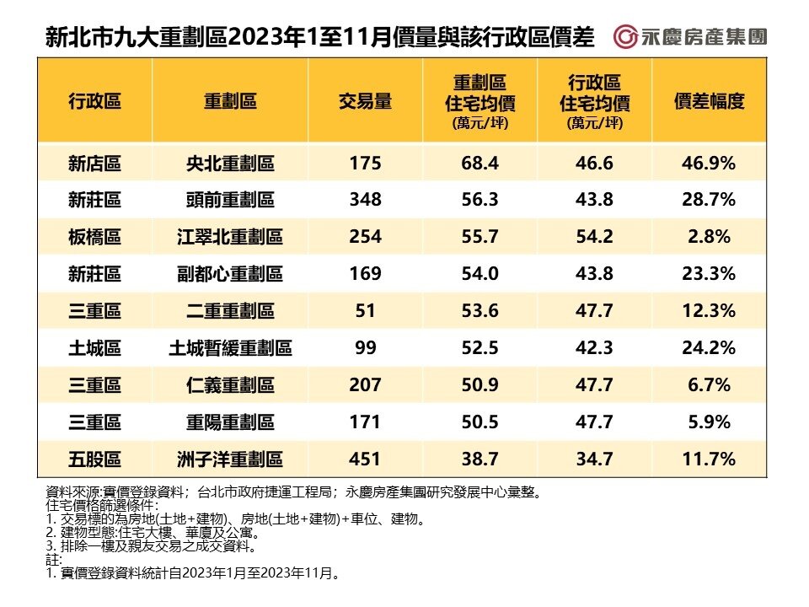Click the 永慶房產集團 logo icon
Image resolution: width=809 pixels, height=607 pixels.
(625, 37)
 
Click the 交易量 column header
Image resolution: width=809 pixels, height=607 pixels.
(365, 102)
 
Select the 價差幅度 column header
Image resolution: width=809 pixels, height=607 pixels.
(709, 102)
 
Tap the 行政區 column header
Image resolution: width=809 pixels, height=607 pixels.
(94, 102)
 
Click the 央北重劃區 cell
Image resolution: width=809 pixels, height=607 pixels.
(230, 163)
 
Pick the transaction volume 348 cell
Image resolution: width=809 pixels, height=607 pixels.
(365, 200)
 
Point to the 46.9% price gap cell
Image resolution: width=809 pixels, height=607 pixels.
(709, 163)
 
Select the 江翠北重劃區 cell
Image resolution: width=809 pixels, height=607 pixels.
(230, 237)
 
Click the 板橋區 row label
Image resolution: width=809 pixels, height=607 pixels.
(94, 237)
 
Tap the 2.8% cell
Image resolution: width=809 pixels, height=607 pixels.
(709, 237)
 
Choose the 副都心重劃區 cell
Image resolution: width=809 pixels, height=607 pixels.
(230, 274)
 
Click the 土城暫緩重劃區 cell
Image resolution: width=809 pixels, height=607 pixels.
(230, 347)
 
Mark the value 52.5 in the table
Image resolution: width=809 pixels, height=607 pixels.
(480, 347)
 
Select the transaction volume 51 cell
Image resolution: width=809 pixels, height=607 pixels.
(365, 311)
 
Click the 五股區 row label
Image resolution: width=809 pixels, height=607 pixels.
(94, 459)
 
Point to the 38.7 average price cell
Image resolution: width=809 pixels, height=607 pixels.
(480, 459)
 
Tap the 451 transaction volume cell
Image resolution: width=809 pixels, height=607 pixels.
(365, 459)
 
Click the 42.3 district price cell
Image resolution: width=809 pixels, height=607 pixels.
(594, 347)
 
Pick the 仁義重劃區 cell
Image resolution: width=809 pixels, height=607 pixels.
(230, 385)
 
